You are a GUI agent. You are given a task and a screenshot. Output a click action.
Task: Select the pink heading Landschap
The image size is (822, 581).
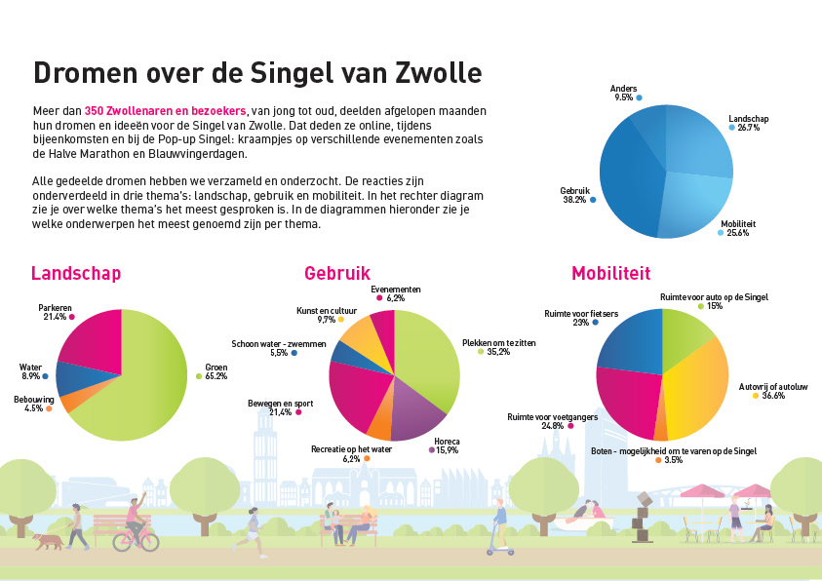(76, 274)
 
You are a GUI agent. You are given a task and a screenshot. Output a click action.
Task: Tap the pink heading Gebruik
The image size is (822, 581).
(336, 274)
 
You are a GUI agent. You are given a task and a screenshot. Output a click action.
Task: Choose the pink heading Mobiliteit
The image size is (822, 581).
(610, 274)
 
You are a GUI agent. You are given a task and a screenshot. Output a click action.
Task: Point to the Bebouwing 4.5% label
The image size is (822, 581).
(34, 404)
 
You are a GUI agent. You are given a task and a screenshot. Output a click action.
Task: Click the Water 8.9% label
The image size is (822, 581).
(31, 371)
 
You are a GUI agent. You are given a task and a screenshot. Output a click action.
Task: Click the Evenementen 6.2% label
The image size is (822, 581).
(395, 293)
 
